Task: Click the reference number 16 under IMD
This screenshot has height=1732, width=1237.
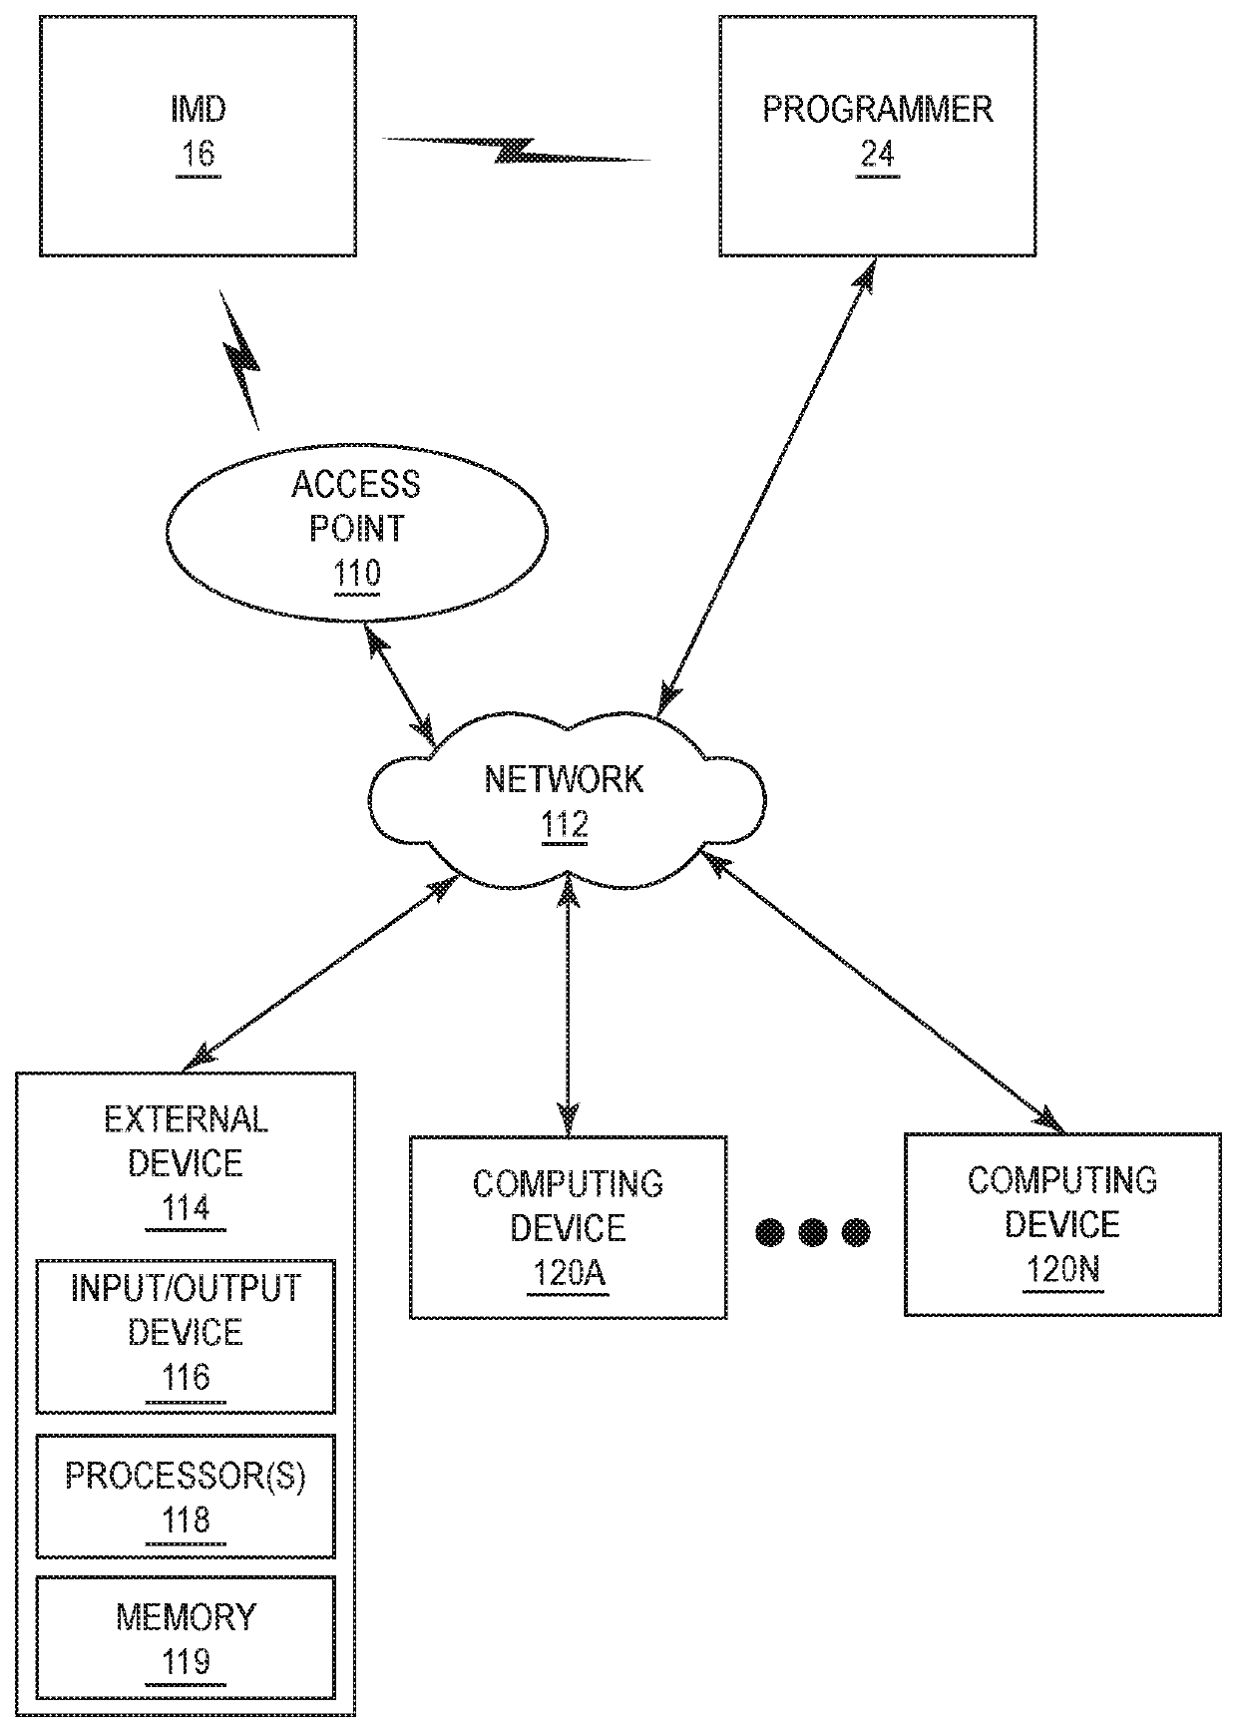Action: click(x=199, y=155)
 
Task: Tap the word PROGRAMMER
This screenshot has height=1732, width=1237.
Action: click(x=878, y=109)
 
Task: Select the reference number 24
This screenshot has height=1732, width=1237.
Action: click(x=878, y=155)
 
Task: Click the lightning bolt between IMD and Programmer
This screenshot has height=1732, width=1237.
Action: click(x=518, y=150)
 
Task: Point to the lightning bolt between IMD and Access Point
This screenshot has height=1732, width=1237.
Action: click(x=239, y=360)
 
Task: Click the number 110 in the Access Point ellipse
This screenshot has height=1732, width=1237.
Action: click(x=357, y=575)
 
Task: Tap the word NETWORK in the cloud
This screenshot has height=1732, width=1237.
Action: click(x=565, y=779)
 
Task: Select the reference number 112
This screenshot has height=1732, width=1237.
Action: click(x=565, y=825)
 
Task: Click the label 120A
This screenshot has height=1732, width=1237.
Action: click(x=567, y=1274)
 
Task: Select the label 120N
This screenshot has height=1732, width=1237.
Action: click(x=1061, y=1270)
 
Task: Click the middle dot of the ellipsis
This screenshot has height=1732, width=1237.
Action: click(x=812, y=1232)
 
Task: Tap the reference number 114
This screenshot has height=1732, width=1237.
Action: click(x=187, y=1209)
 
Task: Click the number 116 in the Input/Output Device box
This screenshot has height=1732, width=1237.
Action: click(x=187, y=1378)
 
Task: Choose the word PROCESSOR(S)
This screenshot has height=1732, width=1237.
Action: click(x=186, y=1476)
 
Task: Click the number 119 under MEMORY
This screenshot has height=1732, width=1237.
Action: click(x=187, y=1661)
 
